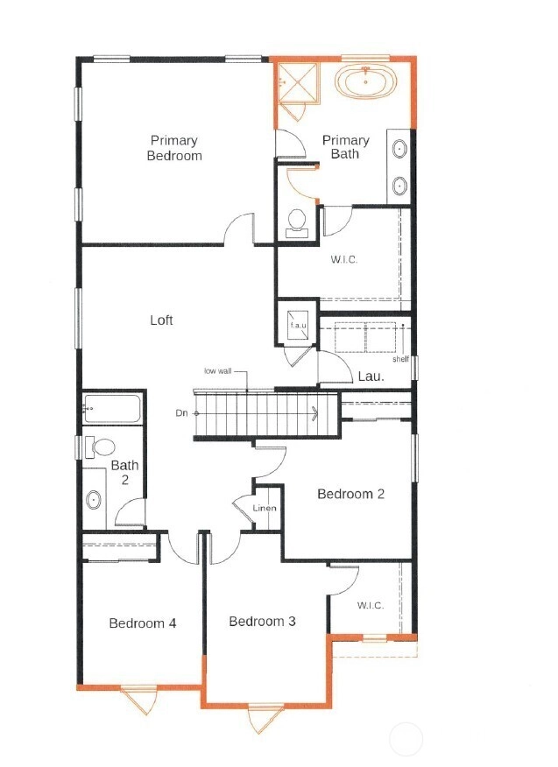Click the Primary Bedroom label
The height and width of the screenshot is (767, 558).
pos(174,148)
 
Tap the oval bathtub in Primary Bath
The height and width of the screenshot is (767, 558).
pos(365,82)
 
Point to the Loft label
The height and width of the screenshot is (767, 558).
pos(161,320)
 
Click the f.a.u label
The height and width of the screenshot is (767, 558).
pos(298,325)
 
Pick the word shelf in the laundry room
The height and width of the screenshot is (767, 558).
pos(400,359)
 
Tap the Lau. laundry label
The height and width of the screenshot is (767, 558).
pos(371,376)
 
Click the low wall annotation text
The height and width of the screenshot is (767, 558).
pos(218,370)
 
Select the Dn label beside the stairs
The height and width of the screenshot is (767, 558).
pos(181,413)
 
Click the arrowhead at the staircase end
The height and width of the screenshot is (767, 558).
pos(314,413)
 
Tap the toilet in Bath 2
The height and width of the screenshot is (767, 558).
pos(100,447)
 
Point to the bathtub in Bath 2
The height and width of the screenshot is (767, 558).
pos(112,408)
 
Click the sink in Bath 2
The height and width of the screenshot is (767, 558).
pos(94,500)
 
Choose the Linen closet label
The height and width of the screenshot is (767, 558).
pos(265,508)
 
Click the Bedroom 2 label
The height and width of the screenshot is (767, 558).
pos(350,494)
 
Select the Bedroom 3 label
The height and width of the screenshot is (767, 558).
pos(262,622)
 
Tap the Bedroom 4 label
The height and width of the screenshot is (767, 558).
pos(143,623)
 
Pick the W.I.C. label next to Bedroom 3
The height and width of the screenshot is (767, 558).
pos(370,606)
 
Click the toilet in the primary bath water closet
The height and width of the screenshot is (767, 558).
pos(297,223)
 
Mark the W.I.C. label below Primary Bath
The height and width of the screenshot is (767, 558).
pos(343,260)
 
